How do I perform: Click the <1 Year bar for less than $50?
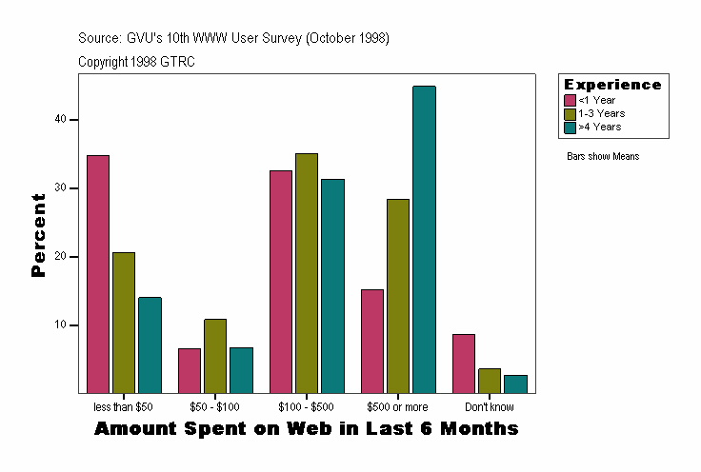(98, 274)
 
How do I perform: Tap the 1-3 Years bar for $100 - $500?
(307, 273)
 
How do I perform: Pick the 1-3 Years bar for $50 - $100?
(215, 356)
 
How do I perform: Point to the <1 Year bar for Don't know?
(464, 364)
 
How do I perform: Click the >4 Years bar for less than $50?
(150, 345)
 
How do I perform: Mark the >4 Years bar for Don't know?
(515, 383)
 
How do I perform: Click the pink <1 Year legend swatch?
(571, 100)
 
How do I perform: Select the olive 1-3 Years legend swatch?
(571, 113)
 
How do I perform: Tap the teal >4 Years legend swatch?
(571, 127)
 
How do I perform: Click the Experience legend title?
(612, 85)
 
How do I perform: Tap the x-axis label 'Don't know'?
(490, 407)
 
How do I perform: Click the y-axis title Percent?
(39, 235)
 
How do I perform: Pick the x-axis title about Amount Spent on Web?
(306, 429)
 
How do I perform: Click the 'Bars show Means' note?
(603, 156)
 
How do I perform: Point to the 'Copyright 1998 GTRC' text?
(136, 62)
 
